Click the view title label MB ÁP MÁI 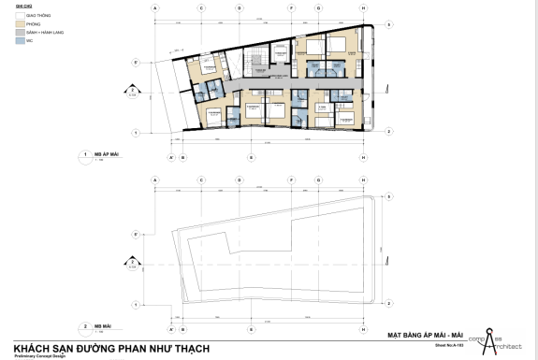(x=104, y=153)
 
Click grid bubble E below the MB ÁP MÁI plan (x=251, y=157)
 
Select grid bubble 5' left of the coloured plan (x=137, y=63)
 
